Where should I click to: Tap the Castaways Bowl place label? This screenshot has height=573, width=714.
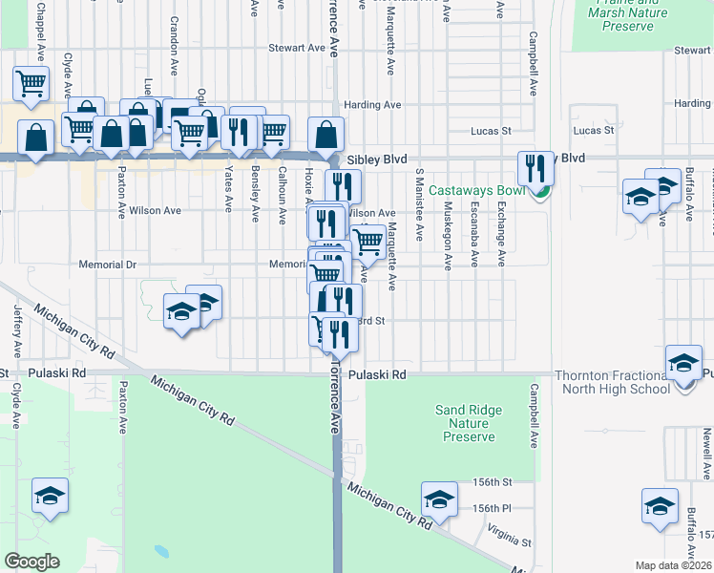pos(477,190)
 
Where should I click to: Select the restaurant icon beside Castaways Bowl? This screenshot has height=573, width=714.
pos(535,169)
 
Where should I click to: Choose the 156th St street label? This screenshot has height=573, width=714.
pos(493,482)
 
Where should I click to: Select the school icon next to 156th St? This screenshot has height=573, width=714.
pos(439,499)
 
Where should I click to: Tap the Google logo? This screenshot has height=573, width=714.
pos(32,561)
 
